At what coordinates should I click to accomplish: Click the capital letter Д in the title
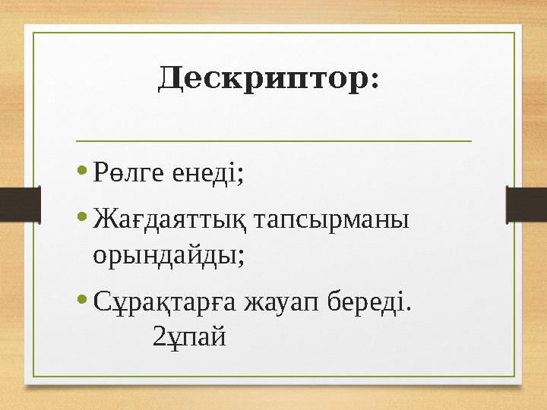coord(170,78)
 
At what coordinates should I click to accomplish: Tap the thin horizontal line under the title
coord(273,140)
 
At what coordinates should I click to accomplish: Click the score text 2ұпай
coord(189,334)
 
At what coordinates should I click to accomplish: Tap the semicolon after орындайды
coord(241,258)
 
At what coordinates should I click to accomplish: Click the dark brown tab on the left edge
coord(20,207)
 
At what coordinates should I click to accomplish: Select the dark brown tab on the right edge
coord(526,207)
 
